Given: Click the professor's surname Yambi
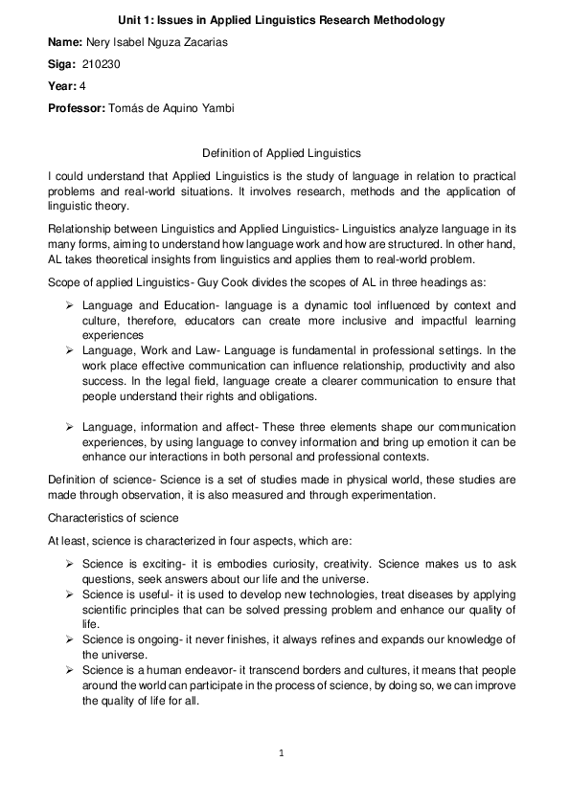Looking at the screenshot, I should pyautogui.click(x=217, y=107).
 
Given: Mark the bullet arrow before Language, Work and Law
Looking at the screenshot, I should pyautogui.click(x=71, y=352).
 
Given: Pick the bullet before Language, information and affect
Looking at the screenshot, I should pyautogui.click(x=71, y=426).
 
